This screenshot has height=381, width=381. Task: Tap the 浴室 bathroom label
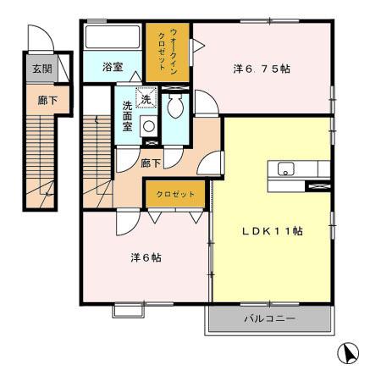coord(114,65)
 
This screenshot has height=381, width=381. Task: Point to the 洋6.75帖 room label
coord(262,69)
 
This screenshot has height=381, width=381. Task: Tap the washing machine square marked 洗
coord(147,99)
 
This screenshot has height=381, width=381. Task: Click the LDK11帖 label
coord(271,230)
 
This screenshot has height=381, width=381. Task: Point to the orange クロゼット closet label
coord(175,195)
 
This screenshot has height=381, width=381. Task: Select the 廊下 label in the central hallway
coord(150,161)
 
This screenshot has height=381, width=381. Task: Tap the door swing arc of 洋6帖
coord(124,220)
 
